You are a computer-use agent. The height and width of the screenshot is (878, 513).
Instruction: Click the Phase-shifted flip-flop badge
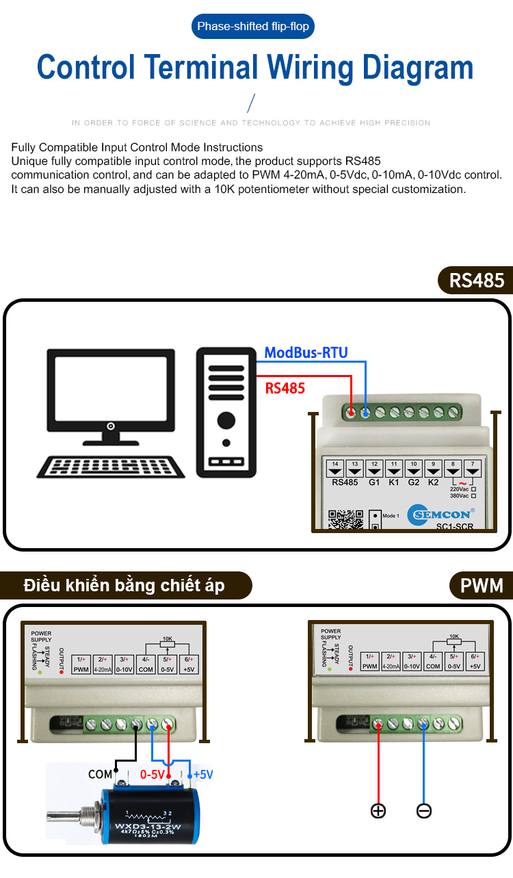[253, 27]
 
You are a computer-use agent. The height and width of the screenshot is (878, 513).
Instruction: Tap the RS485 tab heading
[477, 281]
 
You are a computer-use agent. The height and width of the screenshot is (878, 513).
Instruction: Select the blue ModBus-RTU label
[306, 353]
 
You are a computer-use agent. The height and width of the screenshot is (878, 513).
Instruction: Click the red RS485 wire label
[285, 389]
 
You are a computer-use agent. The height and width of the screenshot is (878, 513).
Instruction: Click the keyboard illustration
[111, 467]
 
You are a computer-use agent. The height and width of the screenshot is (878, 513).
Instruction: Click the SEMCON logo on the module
[442, 514]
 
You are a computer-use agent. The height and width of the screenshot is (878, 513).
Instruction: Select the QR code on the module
[345, 520]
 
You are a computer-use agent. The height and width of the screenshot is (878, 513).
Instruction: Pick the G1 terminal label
[374, 482]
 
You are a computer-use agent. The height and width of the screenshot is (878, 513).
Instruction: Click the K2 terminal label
[433, 482]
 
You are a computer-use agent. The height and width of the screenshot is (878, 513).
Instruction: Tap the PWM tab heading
[482, 586]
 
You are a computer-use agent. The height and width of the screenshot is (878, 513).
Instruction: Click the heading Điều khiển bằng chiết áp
[124, 586]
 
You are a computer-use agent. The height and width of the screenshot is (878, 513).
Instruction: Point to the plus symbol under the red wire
[378, 811]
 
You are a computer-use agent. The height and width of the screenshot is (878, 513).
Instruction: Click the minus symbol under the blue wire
[423, 811]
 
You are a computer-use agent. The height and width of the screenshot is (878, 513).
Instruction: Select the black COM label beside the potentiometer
[101, 774]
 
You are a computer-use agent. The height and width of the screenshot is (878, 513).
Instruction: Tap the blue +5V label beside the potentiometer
[203, 775]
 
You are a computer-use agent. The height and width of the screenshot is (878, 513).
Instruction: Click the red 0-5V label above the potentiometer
[152, 775]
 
